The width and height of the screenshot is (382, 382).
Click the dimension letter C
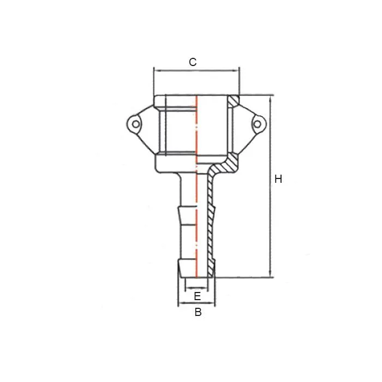(x=193, y=62)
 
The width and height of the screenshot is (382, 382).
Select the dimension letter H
(x=278, y=179)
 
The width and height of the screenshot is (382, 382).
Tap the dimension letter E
(x=198, y=296)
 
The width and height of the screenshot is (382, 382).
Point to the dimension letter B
(x=198, y=313)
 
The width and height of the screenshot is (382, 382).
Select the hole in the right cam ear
(x=256, y=125)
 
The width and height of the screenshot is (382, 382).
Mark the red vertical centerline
(x=196, y=186)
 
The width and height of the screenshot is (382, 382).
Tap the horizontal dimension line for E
(x=196, y=288)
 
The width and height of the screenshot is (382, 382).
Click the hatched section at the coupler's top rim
(x=234, y=101)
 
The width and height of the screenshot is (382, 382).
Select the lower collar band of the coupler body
(x=175, y=162)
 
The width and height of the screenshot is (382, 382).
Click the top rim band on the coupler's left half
(x=175, y=101)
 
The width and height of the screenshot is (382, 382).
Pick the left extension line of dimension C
(x=154, y=82)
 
